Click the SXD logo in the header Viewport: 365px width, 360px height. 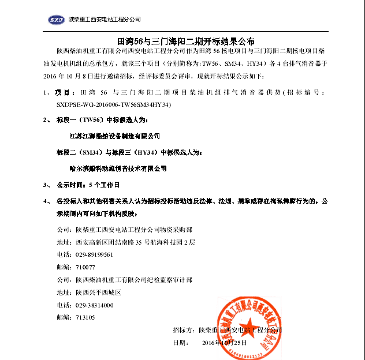coord(56,20)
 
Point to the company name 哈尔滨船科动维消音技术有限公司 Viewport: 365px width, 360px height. coord(118,168)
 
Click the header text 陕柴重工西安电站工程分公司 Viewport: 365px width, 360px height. coord(105,20)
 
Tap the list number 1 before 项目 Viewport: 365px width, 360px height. coord(45,93)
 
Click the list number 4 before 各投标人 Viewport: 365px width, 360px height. coord(45,202)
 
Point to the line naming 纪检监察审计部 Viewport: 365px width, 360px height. coord(125,280)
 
